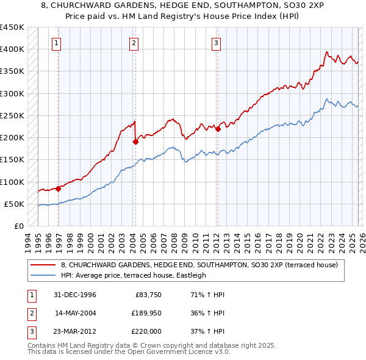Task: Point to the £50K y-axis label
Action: coord(15,204)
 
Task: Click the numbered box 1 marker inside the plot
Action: coord(56,43)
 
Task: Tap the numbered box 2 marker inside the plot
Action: coord(134,43)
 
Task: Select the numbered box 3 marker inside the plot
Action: coord(216,43)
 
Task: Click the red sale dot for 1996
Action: coord(59,189)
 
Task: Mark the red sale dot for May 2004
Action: coord(135,142)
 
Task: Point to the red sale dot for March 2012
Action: coord(218,129)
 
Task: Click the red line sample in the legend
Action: coord(43,265)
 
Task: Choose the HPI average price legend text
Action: coord(134,275)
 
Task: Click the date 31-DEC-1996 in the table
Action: coord(76,295)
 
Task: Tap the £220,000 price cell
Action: coord(146,331)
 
